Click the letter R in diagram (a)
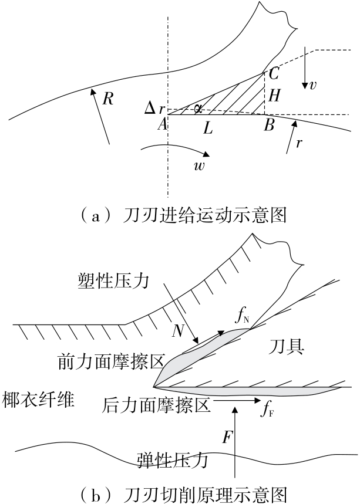click(x=108, y=98)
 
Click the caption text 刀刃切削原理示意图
click(x=194, y=492)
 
